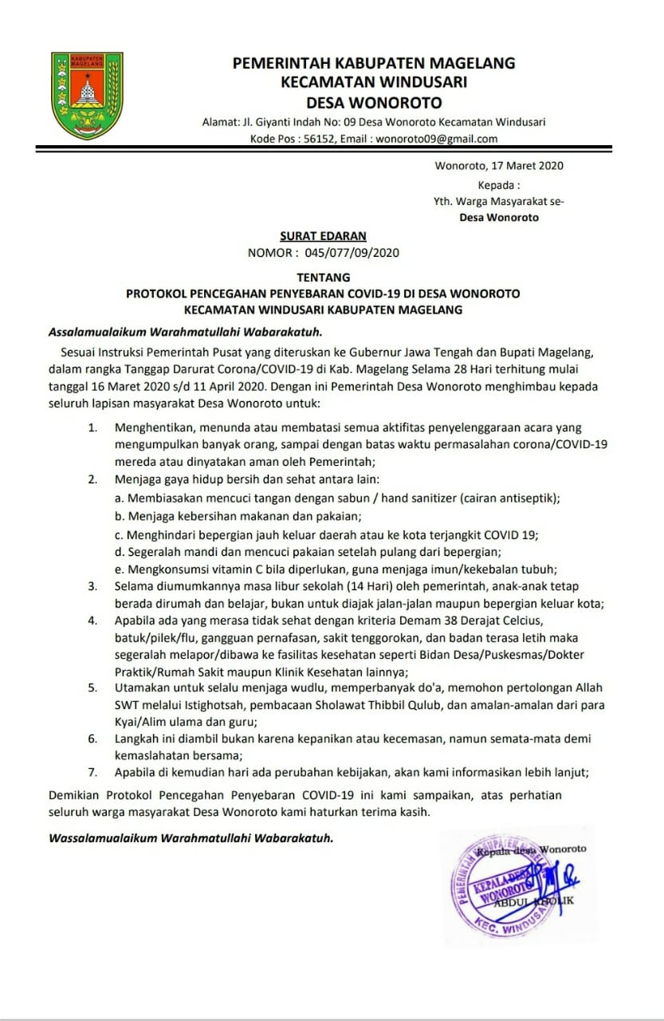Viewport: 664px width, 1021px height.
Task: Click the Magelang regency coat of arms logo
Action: (87, 95)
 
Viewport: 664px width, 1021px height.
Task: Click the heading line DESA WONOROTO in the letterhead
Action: (374, 102)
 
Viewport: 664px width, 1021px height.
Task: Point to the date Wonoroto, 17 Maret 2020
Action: (499, 166)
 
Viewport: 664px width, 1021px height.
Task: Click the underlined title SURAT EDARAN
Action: (323, 236)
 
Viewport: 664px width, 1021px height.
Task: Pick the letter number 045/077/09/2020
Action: (351, 253)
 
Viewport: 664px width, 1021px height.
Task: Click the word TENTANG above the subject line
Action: (323, 278)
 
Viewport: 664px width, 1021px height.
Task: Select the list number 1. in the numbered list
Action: (93, 428)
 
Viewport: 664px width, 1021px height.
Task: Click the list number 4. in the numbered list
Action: (93, 620)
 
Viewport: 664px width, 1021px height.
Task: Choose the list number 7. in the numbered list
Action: (93, 771)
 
